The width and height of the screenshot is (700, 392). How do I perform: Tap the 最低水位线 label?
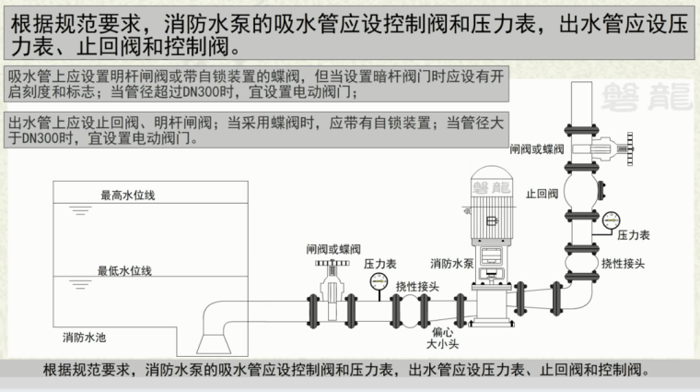pos(124,270)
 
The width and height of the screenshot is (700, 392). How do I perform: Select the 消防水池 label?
pos(85,334)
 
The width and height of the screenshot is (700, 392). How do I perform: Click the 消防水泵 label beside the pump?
pos(451,263)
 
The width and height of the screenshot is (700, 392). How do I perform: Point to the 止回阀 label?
pos(542,195)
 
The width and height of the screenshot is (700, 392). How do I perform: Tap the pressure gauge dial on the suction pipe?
pos(378,284)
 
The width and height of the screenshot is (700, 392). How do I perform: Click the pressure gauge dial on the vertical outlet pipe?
pos(612,220)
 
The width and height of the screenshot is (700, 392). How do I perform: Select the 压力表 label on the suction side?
pos(379,264)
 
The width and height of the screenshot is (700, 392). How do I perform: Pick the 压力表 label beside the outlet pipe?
pos(634,237)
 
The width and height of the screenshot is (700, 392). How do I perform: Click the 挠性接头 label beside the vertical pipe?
pos(623,264)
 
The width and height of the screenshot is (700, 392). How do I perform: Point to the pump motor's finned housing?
pos(492,205)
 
